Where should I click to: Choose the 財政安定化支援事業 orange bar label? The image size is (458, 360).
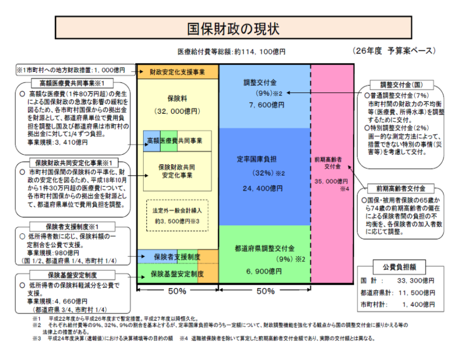pos(177,72)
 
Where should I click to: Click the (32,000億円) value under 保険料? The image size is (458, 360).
pos(177,112)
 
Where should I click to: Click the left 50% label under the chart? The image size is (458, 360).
pos(177,292)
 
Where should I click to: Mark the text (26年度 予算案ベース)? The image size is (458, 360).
pos(395,50)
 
